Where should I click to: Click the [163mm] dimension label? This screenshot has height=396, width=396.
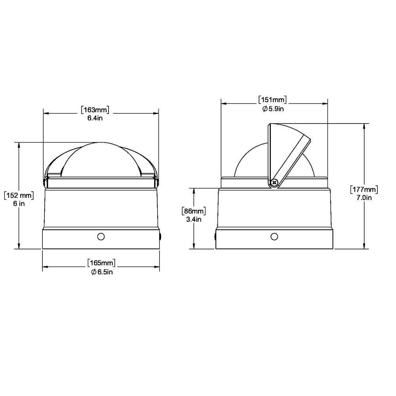95,110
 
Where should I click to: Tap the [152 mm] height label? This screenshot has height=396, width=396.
19,195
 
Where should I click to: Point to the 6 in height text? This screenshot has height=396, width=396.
19,204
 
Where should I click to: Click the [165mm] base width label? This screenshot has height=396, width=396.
101,263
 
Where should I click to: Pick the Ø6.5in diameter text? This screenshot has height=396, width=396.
101,272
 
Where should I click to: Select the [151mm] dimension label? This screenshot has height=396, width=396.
272,99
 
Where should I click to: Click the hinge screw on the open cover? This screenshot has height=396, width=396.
274,182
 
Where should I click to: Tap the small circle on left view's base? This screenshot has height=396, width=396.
101,236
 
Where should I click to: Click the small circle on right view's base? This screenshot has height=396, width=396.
274,236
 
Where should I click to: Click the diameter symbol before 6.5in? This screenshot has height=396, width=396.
93,272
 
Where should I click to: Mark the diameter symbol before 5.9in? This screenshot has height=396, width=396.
265,109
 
